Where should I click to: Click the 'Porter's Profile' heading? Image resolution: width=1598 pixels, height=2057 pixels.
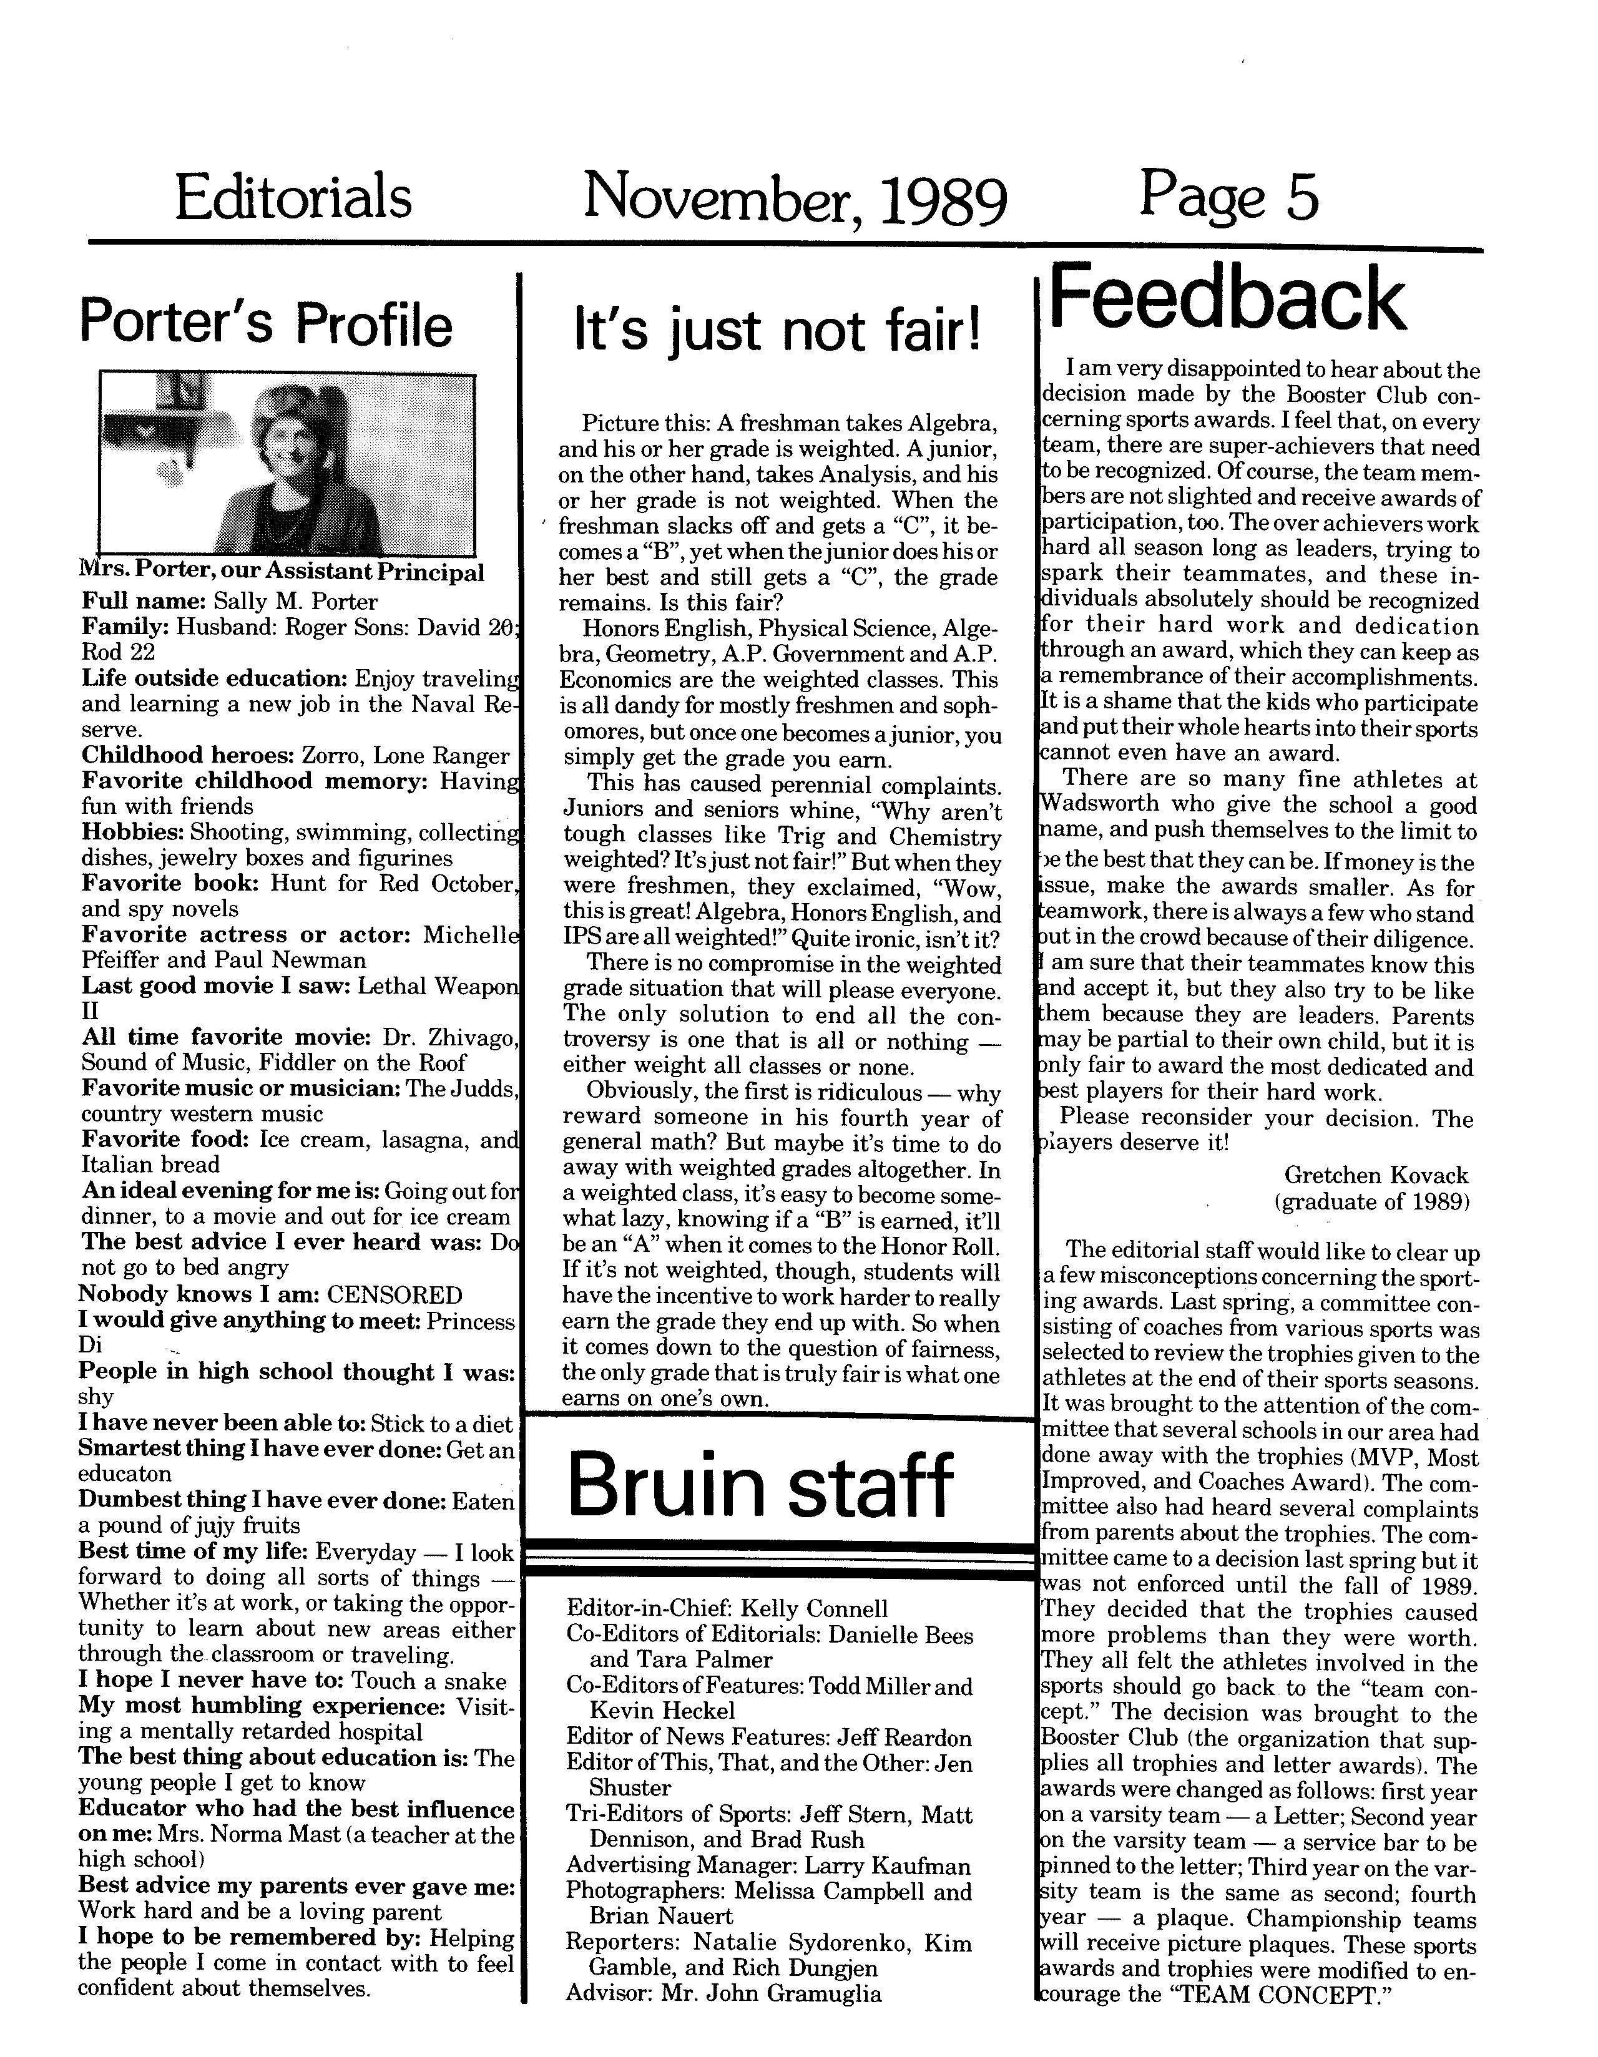(266, 323)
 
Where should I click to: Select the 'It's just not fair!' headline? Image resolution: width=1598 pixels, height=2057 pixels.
(777, 331)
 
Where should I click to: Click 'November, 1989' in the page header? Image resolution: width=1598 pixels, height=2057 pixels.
(794, 200)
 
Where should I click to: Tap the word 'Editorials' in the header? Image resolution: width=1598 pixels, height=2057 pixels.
(293, 198)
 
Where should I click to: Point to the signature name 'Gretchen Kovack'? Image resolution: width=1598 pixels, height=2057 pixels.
(1376, 1175)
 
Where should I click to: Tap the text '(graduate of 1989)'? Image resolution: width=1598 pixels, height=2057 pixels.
(1371, 1202)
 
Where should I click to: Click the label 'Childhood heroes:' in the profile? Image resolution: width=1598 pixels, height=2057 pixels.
(189, 755)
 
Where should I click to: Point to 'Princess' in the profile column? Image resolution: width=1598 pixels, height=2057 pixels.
(470, 1321)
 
